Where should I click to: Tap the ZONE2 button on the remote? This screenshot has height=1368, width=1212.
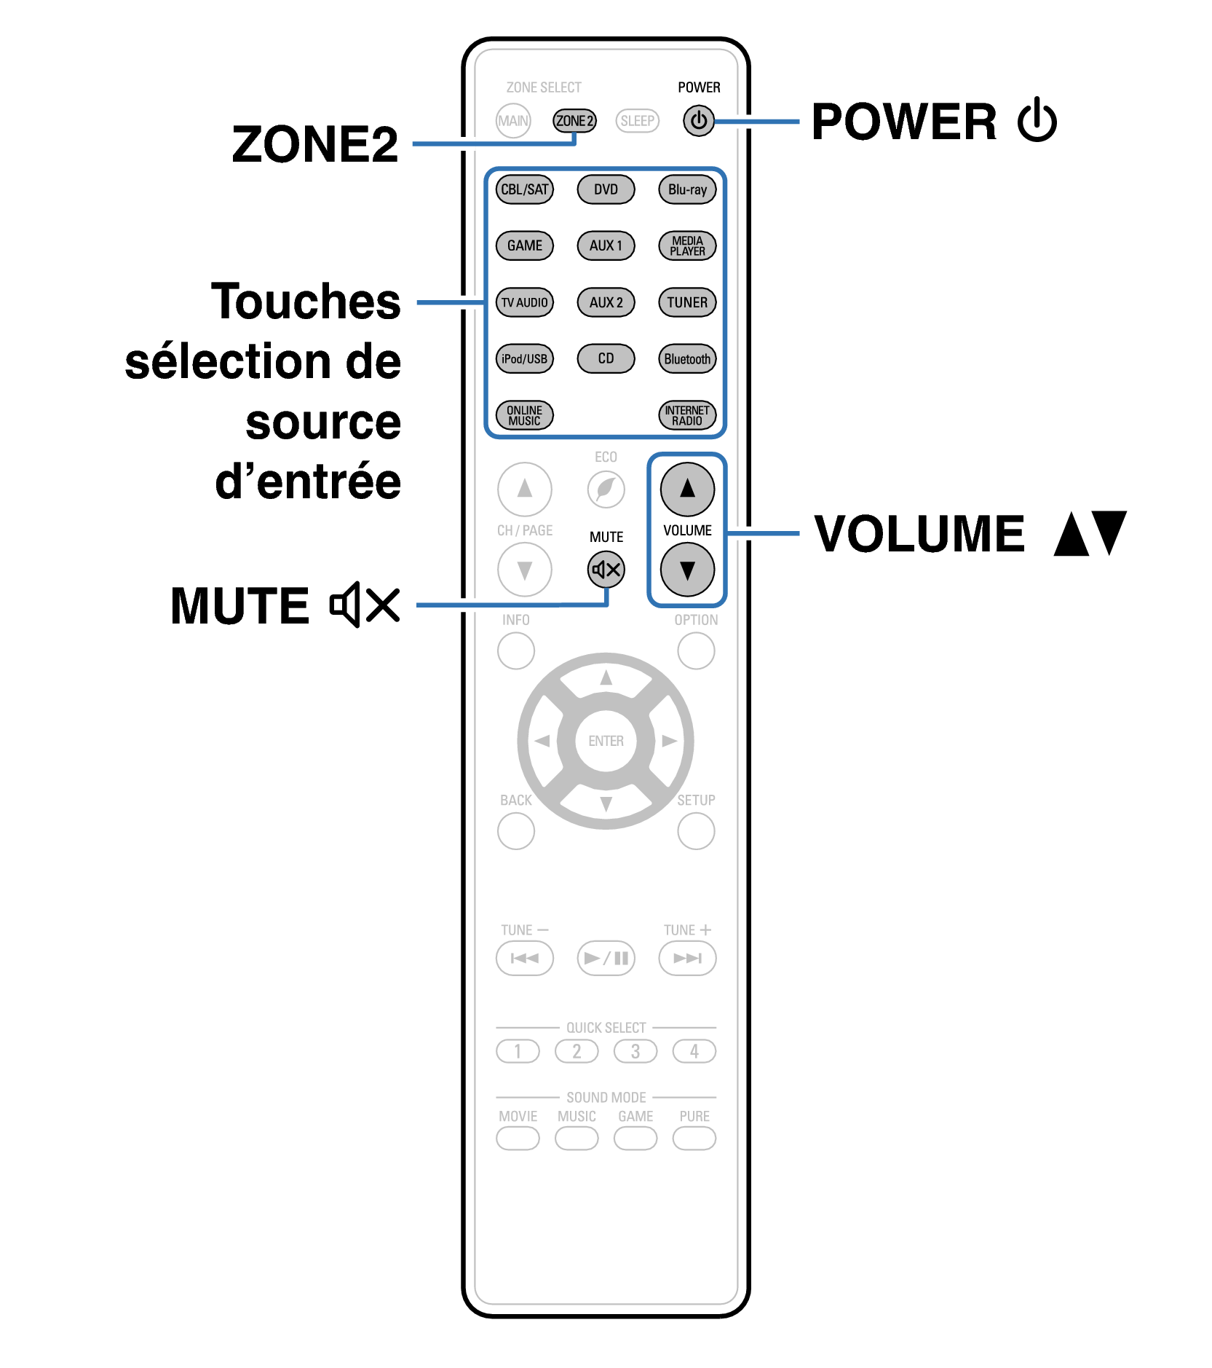(x=574, y=121)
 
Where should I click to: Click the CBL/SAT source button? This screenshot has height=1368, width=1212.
(x=524, y=189)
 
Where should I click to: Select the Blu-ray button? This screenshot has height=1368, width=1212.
(x=687, y=189)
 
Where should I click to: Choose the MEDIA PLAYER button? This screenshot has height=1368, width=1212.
(x=687, y=245)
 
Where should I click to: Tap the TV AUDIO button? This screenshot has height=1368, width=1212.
(x=524, y=302)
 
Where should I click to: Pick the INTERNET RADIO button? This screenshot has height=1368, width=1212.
(x=687, y=415)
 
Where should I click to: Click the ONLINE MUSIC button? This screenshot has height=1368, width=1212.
(x=524, y=415)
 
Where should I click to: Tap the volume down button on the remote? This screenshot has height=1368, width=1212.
(x=687, y=570)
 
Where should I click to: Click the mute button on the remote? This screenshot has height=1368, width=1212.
(x=606, y=570)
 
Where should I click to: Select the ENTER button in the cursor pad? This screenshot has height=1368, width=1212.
(x=606, y=741)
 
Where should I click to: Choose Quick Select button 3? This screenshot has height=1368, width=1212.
(x=635, y=1051)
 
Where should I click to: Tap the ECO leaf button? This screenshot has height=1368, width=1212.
(x=606, y=489)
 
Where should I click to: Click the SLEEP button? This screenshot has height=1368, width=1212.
(x=638, y=121)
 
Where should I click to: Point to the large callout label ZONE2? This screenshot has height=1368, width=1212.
(x=315, y=144)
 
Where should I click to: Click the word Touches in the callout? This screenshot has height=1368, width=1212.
(x=306, y=301)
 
